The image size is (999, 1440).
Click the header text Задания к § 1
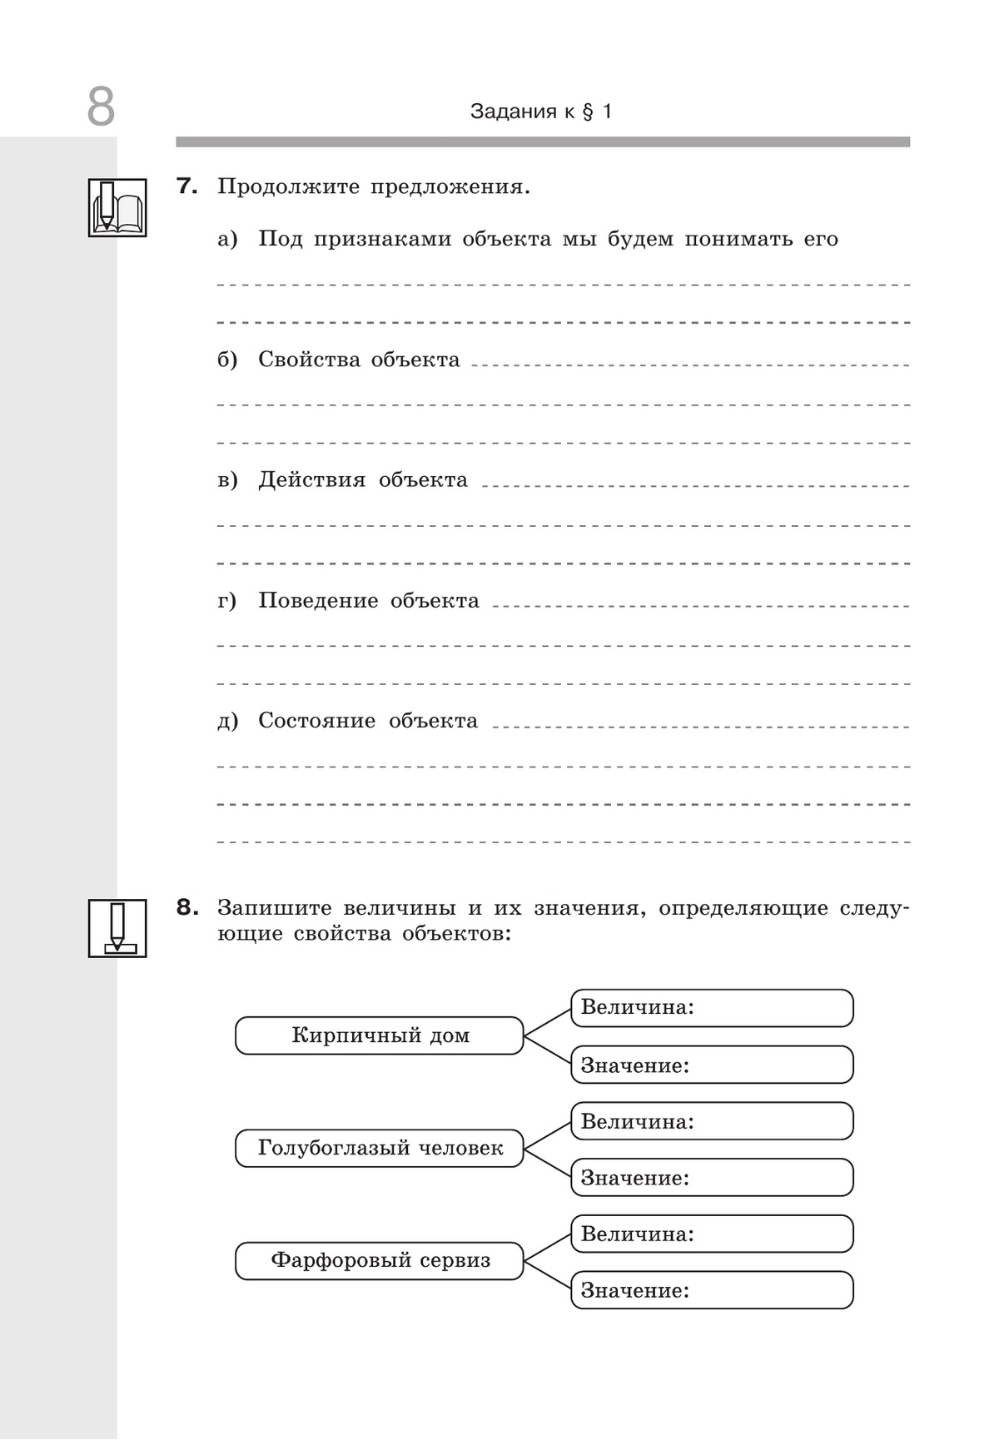541,112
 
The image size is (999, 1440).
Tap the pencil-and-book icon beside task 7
117,207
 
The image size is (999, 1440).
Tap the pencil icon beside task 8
117,927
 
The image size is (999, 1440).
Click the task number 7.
187,186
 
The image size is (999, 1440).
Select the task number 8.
187,907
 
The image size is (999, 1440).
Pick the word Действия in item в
311,480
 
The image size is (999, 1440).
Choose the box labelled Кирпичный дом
380,1035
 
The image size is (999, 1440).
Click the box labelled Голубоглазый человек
380,1148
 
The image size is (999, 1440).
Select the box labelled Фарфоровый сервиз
380,1260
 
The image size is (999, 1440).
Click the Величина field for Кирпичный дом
712,1008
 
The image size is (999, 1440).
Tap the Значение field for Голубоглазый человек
712,1178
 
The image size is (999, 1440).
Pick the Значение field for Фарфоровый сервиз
712,1290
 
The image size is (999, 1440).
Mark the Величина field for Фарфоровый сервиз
712,1234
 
